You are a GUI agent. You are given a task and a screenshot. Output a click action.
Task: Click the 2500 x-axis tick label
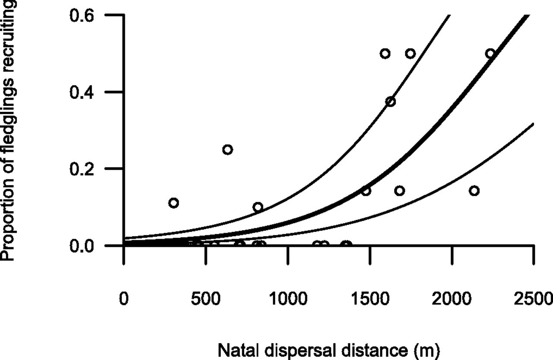pos(534,299)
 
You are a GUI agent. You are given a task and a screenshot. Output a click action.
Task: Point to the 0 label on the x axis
pos(124,299)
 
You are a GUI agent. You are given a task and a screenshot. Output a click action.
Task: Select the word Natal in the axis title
pos(234,350)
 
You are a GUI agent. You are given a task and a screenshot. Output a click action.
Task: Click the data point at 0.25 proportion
pos(228,149)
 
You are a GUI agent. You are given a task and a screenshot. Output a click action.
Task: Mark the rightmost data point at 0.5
pos(490,54)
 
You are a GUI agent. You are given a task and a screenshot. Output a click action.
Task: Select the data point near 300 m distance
pos(174,203)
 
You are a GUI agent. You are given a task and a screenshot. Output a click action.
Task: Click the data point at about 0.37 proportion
pos(391,102)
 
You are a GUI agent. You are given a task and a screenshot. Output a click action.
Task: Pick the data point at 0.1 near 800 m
pos(258,207)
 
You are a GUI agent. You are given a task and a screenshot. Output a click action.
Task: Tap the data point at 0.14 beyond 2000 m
pos(474,191)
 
